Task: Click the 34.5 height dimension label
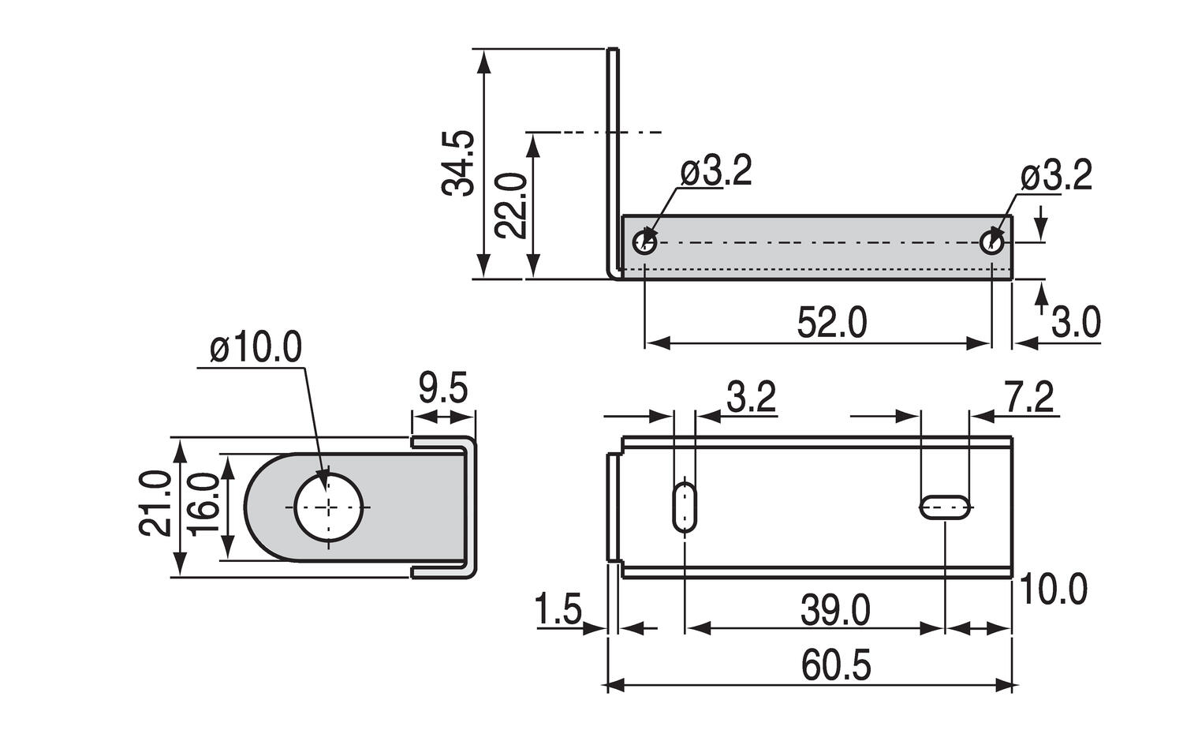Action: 458,163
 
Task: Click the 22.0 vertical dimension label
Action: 510,205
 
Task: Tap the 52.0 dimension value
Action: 831,323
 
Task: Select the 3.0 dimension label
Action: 1076,323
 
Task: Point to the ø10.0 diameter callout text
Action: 256,348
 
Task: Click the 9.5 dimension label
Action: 443,389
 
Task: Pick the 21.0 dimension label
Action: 155,504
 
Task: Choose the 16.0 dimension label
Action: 203,506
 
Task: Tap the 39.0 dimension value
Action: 835,610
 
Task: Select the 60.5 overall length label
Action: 836,666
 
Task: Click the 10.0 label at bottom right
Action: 1054,589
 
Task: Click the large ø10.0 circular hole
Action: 330,507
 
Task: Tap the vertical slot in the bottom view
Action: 685,507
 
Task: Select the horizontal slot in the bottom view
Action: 945,507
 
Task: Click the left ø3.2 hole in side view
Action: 645,242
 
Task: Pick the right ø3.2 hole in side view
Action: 992,242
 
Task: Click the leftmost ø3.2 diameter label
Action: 716,172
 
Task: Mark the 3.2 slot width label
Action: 751,397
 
